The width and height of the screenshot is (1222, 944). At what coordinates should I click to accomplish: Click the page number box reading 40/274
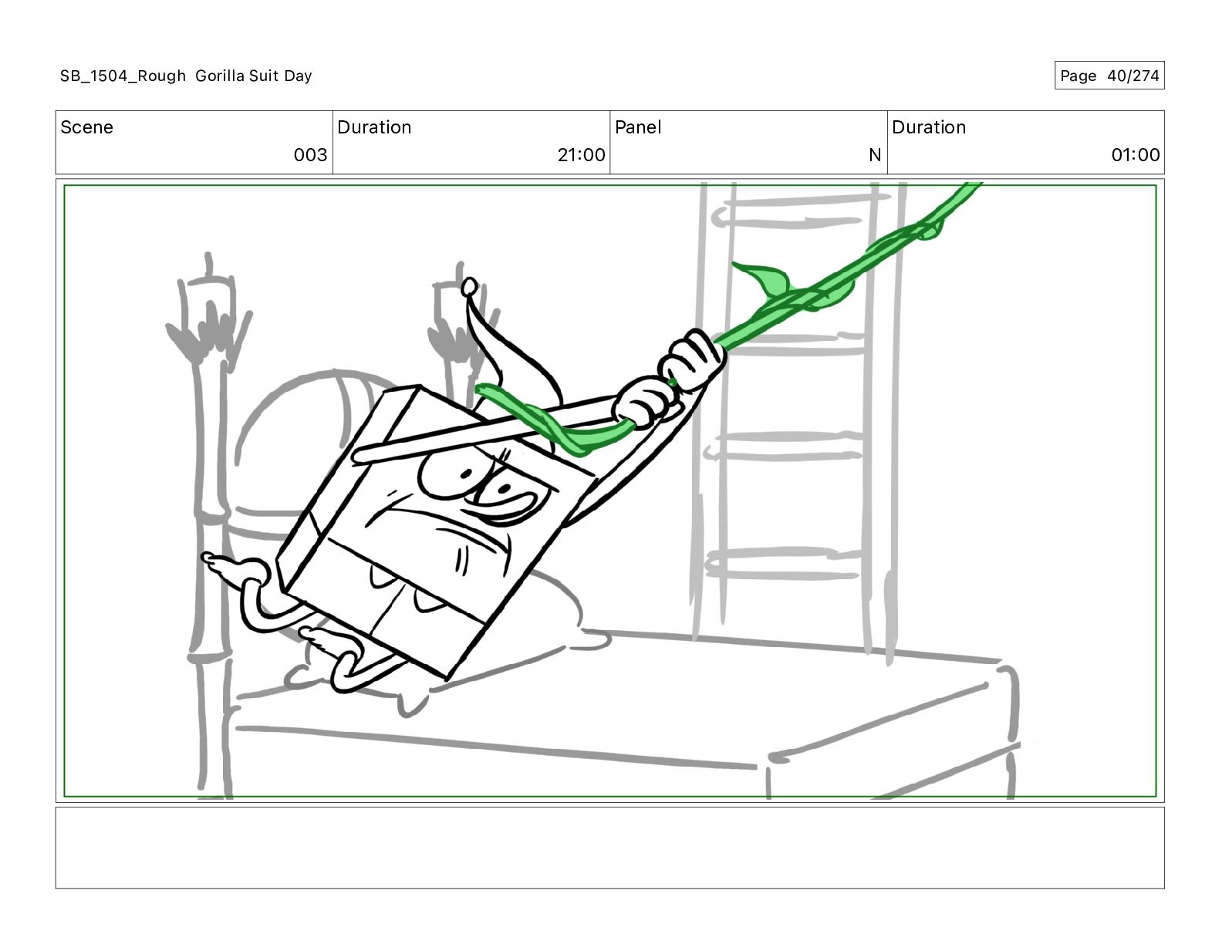point(1109,76)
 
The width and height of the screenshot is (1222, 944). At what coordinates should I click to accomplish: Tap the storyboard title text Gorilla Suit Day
point(253,76)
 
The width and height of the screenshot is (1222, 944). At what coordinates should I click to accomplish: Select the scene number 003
point(310,155)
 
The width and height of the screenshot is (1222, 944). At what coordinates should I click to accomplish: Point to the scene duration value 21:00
point(581,155)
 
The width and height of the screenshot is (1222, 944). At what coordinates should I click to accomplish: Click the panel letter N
point(874,155)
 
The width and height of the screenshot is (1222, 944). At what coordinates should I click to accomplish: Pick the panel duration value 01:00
point(1135,155)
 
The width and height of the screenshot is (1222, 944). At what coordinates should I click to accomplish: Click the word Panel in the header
point(638,127)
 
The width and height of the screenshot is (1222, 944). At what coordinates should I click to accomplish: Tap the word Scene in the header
point(86,127)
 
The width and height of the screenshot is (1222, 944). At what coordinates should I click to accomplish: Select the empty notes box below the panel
point(609,847)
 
